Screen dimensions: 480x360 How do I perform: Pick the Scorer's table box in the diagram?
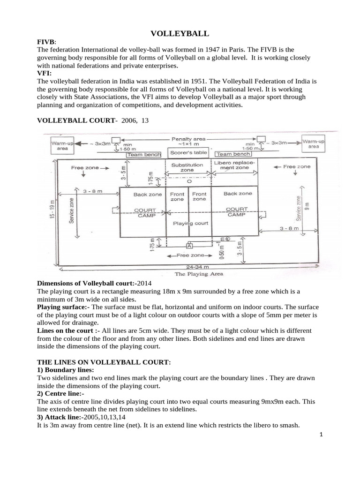187,153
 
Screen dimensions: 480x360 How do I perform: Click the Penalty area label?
187,139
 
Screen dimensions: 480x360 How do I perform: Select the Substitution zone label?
187,167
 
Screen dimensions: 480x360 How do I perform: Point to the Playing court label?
191,224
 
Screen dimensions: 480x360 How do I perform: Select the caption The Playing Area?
192,273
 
